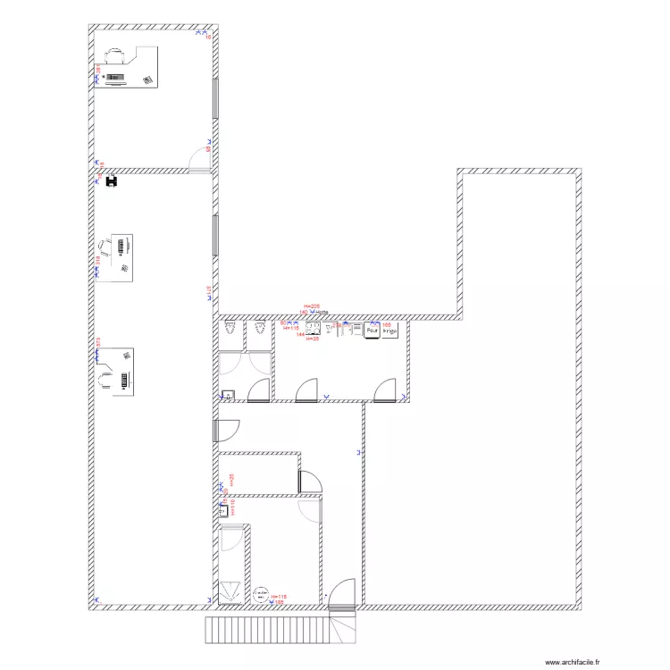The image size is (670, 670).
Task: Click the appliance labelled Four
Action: [372, 331]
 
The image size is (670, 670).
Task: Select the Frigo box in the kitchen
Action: [389, 331]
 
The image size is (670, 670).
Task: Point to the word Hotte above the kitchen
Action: [321, 312]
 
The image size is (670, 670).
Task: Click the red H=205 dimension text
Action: [311, 306]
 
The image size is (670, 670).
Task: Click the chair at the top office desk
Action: [113, 54]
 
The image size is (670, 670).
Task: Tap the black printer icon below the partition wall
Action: [112, 182]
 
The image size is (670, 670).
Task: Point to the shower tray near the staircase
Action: [230, 590]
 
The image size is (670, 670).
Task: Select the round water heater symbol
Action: [261, 593]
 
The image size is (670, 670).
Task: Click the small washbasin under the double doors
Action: [227, 396]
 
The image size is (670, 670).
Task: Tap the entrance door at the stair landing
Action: [342, 594]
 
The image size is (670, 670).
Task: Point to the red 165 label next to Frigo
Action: [387, 324]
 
